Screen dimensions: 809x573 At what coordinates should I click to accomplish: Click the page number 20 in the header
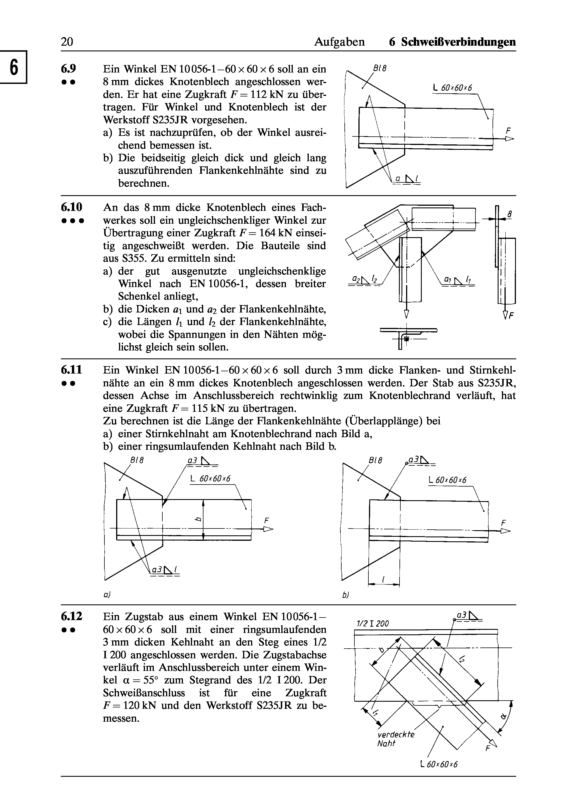(x=67, y=42)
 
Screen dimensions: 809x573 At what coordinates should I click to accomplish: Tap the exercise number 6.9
(x=68, y=68)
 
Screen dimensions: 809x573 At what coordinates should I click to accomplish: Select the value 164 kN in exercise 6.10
(x=273, y=233)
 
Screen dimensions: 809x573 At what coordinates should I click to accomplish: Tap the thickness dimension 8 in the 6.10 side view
(x=510, y=214)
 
